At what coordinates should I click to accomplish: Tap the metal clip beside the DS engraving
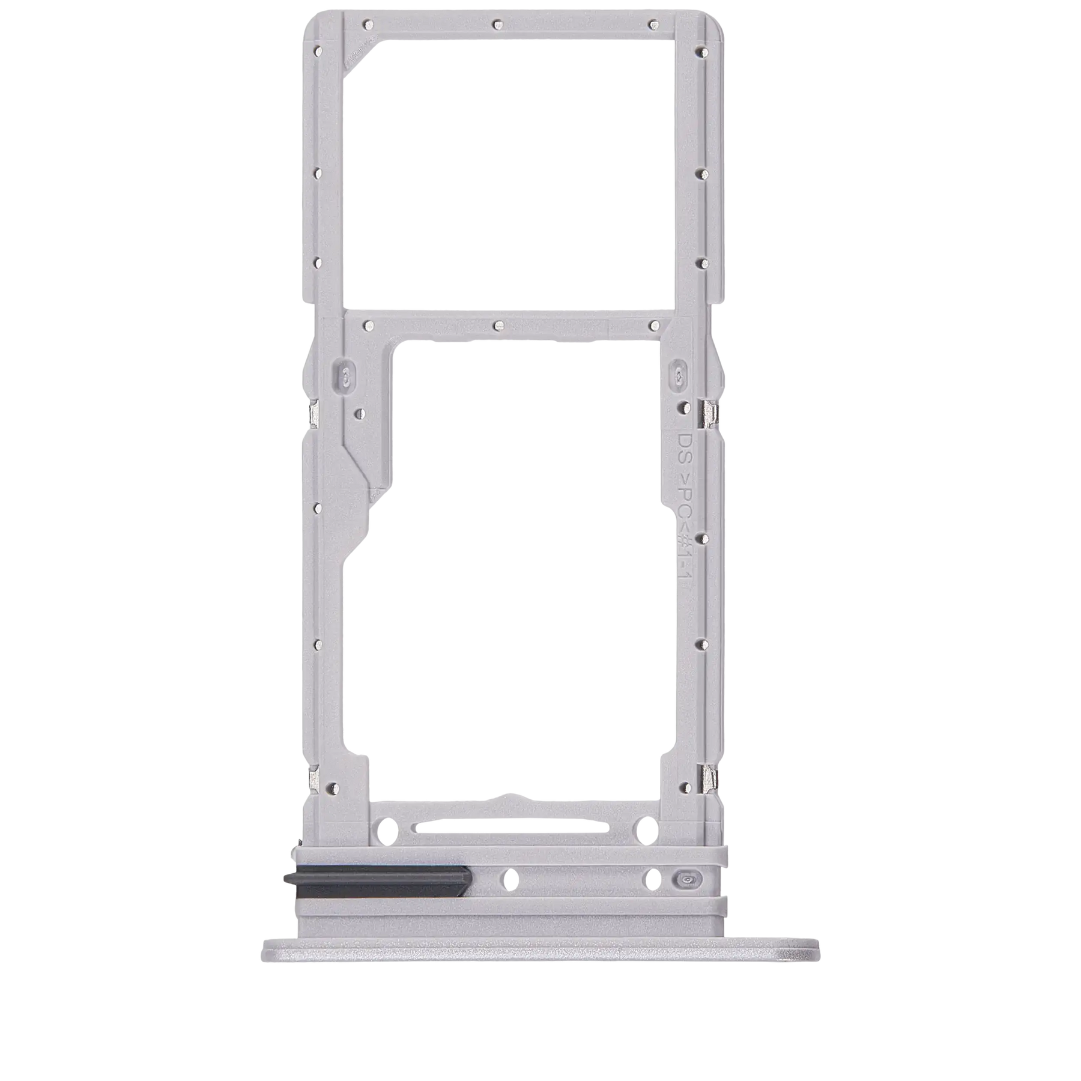pos(709,414)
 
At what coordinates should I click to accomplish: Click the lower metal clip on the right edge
pos(709,778)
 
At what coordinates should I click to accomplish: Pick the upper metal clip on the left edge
pos(313,413)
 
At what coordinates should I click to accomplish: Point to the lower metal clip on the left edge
pos(312,778)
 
